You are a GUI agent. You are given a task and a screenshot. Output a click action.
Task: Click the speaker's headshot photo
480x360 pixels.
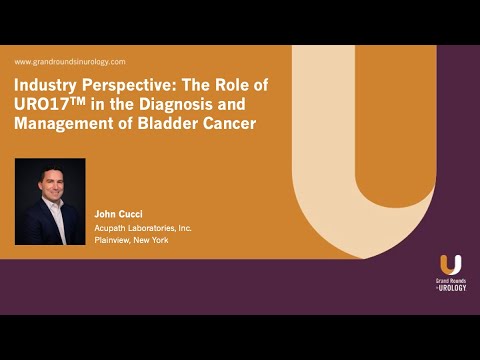[x=50, y=201]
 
